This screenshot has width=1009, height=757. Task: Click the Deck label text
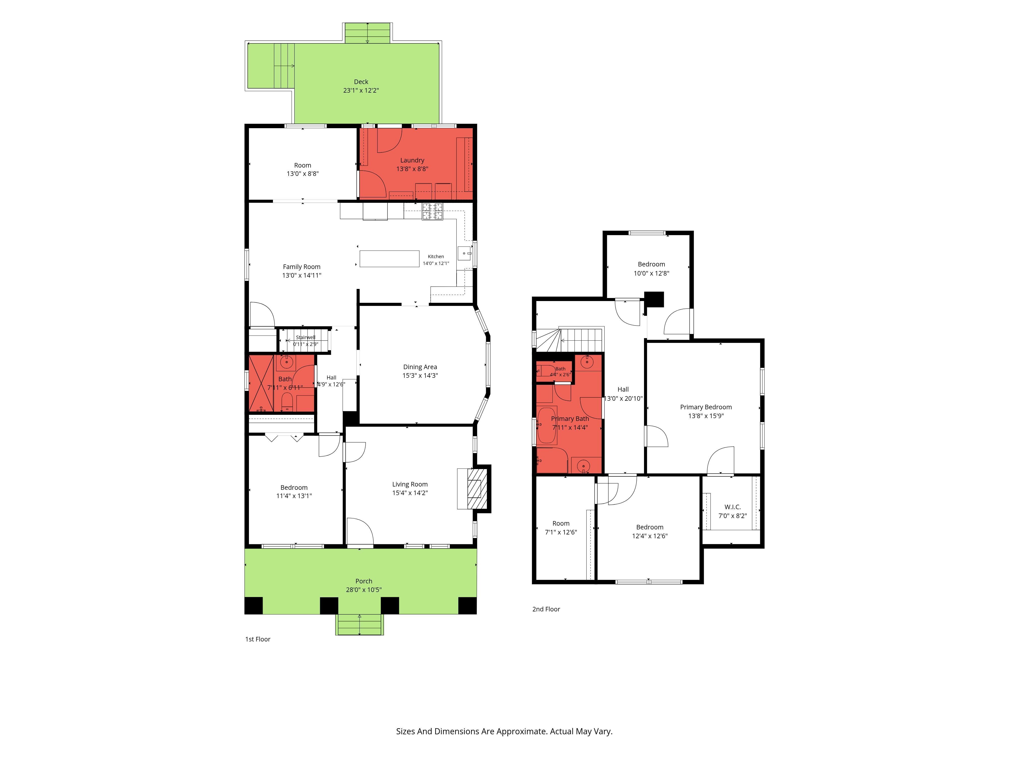(x=361, y=82)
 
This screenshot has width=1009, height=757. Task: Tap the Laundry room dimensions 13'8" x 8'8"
(x=412, y=169)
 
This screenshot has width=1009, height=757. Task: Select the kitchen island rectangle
(x=389, y=258)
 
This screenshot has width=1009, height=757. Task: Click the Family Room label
(x=301, y=267)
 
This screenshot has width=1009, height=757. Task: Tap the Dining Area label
(x=420, y=367)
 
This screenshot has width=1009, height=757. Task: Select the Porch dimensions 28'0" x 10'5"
(x=363, y=589)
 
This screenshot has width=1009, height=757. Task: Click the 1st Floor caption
(x=258, y=639)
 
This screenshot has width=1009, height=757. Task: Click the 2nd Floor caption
(x=546, y=609)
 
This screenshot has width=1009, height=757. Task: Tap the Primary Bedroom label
(x=706, y=407)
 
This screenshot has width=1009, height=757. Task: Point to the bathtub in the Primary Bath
(x=546, y=425)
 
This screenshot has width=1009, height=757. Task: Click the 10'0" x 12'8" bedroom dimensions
(x=651, y=273)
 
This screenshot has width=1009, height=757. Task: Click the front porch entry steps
(x=360, y=625)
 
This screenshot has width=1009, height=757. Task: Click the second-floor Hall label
(x=623, y=389)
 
